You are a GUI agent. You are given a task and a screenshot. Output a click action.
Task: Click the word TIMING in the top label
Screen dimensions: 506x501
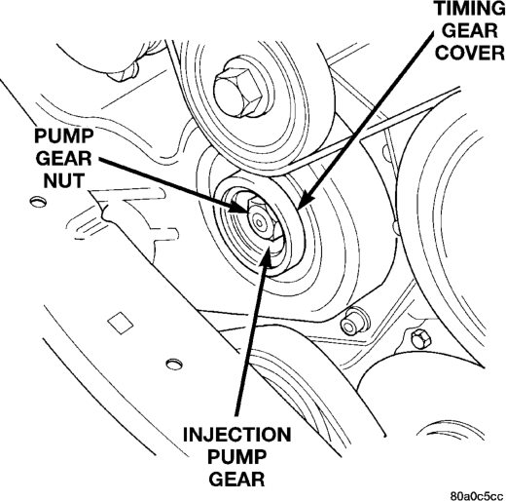tap(470, 9)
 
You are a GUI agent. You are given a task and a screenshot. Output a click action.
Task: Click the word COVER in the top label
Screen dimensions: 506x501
tap(470, 52)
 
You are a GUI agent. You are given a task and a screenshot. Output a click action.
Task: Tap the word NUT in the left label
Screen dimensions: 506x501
tap(64, 180)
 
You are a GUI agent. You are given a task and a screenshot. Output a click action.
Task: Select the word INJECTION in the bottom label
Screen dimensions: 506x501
tap(237, 435)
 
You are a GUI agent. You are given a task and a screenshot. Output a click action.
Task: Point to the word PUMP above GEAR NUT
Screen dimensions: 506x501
tap(64, 136)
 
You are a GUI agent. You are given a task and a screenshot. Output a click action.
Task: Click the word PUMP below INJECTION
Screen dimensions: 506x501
tap(236, 456)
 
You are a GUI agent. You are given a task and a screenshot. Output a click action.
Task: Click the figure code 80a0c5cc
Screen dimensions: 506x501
tap(477, 496)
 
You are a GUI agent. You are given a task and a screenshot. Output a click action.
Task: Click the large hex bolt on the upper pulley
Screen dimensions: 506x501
tap(238, 91)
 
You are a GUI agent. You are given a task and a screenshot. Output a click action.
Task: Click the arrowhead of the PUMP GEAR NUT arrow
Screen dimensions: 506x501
tap(238, 207)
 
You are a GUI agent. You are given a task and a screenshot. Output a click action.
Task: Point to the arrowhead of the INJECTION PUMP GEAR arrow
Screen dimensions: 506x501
tap(269, 254)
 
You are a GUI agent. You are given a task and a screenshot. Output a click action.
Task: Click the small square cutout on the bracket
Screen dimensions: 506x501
tap(121, 323)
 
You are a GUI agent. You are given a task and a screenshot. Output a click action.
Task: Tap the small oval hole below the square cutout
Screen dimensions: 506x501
tap(174, 364)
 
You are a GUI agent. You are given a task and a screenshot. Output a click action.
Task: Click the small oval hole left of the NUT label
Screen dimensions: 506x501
tap(38, 202)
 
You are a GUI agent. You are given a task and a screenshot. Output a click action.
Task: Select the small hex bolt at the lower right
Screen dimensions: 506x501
tap(420, 339)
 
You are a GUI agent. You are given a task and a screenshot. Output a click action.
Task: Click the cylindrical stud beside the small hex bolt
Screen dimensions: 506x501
tap(353, 323)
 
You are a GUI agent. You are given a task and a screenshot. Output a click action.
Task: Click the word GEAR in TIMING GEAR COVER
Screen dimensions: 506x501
tap(470, 30)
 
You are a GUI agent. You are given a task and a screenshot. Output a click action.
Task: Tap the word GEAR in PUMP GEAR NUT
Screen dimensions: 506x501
tap(64, 159)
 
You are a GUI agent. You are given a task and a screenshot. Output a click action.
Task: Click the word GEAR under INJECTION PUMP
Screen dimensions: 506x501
tap(236, 479)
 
